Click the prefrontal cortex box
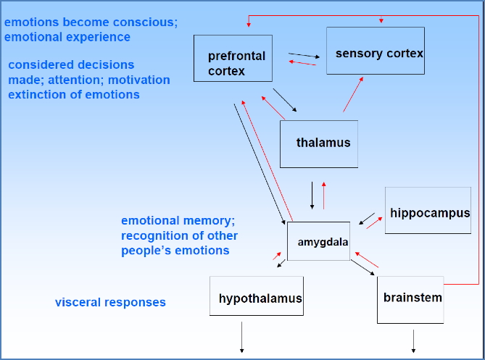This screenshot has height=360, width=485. click(233, 58)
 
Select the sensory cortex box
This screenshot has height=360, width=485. click(375, 51)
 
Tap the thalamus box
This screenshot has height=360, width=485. click(319, 143)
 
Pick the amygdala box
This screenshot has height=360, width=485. click(318, 240)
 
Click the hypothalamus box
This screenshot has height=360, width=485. click(256, 296)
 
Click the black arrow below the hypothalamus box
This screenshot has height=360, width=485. click(241, 338)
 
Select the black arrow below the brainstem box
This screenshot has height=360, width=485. click(414, 340)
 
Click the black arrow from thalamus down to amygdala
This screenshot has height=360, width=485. click(312, 195)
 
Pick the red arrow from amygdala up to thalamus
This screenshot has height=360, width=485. click(324, 195)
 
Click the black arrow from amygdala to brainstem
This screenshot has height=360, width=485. click(363, 267)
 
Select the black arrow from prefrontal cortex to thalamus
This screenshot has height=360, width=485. click(285, 101)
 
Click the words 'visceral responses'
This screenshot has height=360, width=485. click(110, 302)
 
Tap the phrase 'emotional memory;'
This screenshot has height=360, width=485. click(178, 220)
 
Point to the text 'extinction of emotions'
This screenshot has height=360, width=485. click(74, 94)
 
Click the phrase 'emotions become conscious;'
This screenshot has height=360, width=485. click(91, 22)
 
